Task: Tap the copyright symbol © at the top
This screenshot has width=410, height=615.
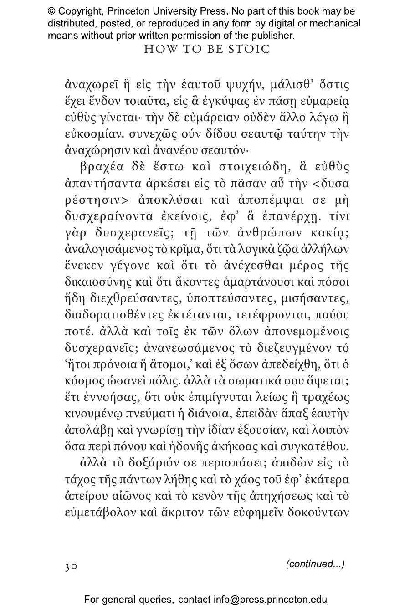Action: pos(52,11)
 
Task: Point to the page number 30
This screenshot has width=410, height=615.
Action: pos(71,567)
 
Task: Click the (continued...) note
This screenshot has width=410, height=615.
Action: pos(315,564)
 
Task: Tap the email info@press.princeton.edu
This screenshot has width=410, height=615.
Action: pos(270,600)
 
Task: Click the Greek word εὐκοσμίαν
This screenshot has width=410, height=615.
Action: pos(87,134)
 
